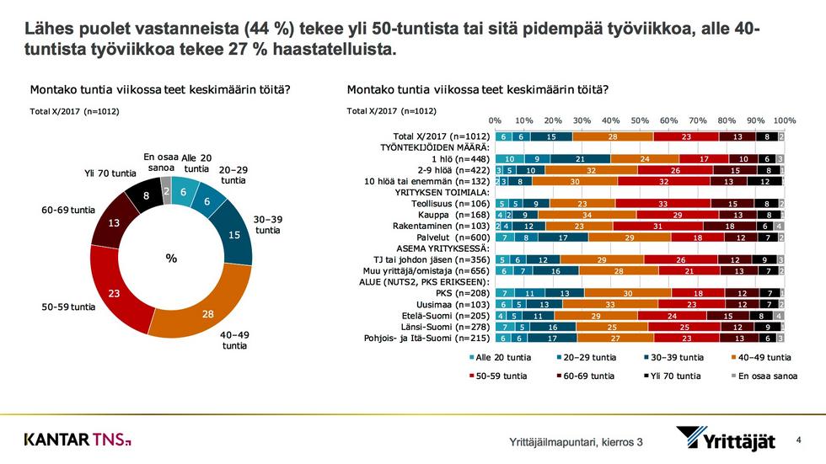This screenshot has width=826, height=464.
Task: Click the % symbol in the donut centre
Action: tap(171, 259)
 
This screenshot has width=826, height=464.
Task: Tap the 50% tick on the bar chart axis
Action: tap(640, 120)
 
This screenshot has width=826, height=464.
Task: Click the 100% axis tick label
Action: tap(784, 120)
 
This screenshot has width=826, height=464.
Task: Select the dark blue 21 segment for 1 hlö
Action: tap(581, 158)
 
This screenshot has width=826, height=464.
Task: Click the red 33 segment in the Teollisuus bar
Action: tap(662, 202)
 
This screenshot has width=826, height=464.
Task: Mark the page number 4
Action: tap(798, 440)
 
